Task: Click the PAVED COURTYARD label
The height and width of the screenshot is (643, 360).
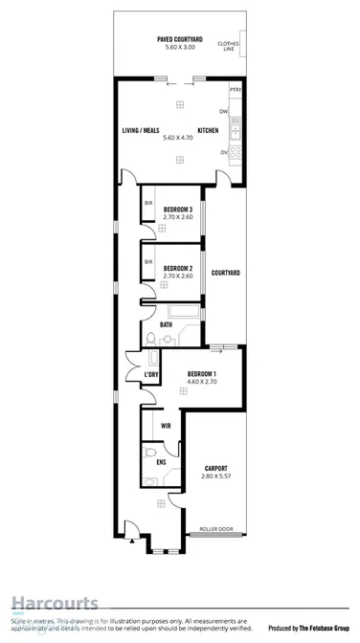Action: click(x=178, y=39)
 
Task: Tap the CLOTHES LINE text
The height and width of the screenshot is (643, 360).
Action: click(x=228, y=45)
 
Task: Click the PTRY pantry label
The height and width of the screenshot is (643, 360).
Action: click(x=236, y=89)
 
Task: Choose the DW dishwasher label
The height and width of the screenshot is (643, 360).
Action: click(x=235, y=111)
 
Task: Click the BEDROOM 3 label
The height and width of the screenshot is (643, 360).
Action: click(x=178, y=209)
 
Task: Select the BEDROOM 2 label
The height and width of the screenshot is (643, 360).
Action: click(x=178, y=268)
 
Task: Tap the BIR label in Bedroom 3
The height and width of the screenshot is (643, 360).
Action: click(x=148, y=203)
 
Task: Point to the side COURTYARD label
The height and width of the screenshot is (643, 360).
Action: click(x=225, y=273)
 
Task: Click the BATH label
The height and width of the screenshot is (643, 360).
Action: click(x=167, y=324)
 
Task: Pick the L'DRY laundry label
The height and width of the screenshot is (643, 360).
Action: click(x=151, y=373)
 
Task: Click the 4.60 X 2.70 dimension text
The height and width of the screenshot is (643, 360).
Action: click(x=202, y=382)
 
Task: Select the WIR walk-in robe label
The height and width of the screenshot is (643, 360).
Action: click(x=166, y=425)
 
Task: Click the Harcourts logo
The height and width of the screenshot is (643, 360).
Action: click(x=55, y=603)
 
